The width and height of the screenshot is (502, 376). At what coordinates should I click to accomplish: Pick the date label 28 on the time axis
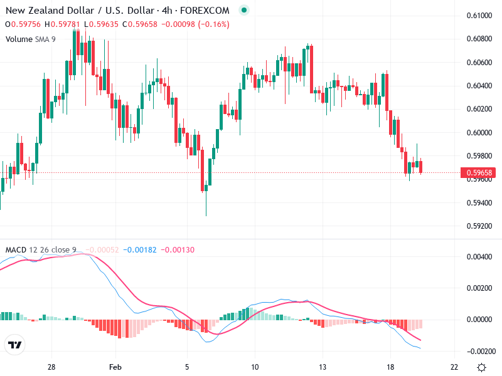click(51, 367)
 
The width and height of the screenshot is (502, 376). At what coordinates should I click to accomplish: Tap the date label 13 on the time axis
click(322, 367)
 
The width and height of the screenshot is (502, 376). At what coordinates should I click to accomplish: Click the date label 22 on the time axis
click(454, 367)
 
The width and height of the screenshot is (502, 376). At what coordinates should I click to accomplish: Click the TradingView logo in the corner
click(14, 345)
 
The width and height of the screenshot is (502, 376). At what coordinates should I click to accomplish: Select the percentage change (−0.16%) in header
click(211, 24)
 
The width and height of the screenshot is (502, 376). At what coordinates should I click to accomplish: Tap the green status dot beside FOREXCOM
click(244, 10)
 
